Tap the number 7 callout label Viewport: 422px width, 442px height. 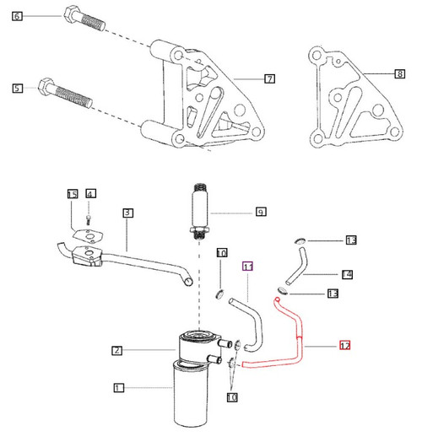point(268,79)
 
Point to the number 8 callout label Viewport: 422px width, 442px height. point(399,74)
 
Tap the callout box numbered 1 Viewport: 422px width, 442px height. point(119,388)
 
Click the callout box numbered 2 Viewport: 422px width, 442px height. point(119,349)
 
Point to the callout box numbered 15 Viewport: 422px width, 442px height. point(73,195)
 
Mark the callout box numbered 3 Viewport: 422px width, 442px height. point(127,213)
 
